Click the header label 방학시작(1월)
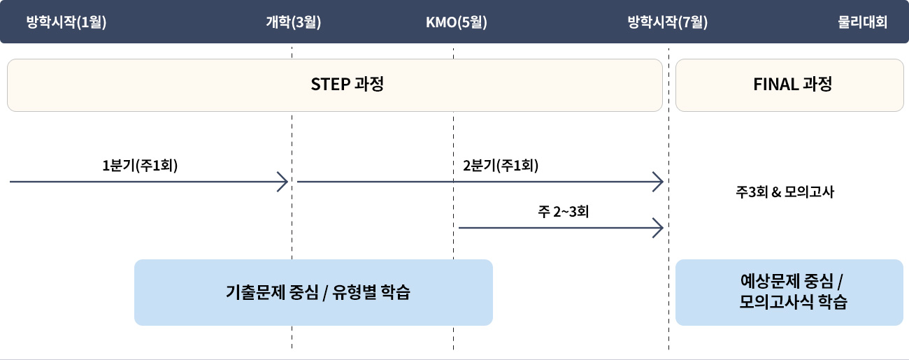tap(66, 22)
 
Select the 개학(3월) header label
tap(294, 22)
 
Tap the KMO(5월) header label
tap(457, 22)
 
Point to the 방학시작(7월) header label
tap(668, 22)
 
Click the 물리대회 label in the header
tap(862, 22)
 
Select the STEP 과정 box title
tap(348, 85)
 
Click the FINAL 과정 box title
tap(792, 85)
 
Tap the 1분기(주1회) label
tap(140, 166)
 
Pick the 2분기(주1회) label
tap(501, 166)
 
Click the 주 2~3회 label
tap(564, 211)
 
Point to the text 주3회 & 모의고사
tap(785, 192)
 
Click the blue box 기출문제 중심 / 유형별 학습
tap(313, 292)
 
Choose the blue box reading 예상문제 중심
tap(789, 292)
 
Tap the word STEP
tap(330, 85)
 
